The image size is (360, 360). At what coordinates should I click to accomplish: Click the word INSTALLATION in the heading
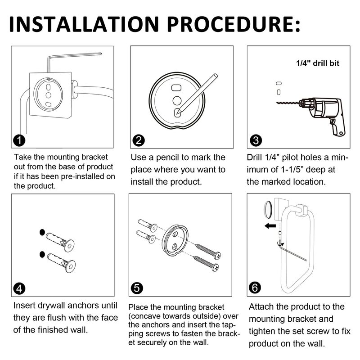84,24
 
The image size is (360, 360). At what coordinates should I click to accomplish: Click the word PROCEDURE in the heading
230,24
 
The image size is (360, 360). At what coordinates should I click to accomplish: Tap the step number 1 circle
19,140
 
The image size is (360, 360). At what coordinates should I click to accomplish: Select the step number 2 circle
139,140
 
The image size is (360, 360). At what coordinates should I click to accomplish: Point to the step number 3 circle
256,140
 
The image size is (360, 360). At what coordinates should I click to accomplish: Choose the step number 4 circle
19,288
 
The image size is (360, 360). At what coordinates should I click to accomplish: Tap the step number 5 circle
137,288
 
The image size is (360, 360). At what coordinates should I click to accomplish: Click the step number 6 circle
255,288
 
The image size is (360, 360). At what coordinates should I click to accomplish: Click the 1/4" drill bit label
318,63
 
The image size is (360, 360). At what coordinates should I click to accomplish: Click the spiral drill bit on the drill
288,103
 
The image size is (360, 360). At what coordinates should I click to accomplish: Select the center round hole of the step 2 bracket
177,100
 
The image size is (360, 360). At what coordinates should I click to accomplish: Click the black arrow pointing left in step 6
270,226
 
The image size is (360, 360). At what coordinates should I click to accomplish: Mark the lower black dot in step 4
42,254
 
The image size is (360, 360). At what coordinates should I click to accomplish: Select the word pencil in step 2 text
167,157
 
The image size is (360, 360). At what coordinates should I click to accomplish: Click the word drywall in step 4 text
51,306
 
